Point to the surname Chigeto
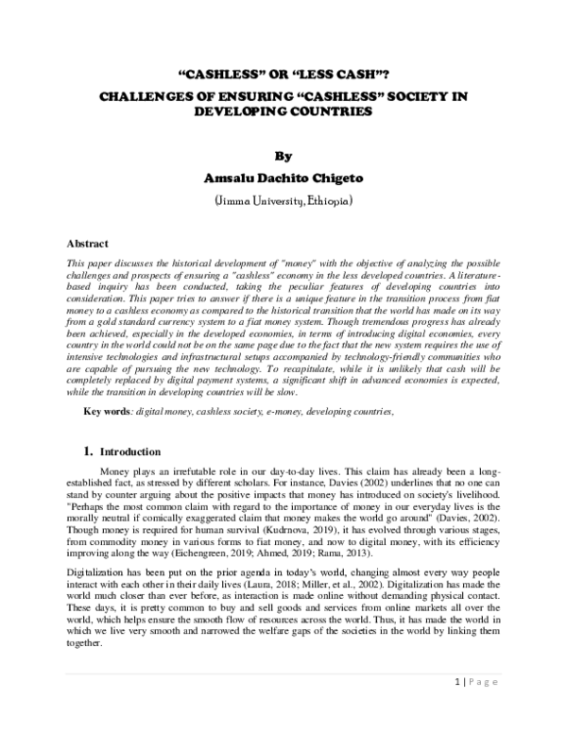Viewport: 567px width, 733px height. coord(327,178)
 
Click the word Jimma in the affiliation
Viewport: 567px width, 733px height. coord(235,202)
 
